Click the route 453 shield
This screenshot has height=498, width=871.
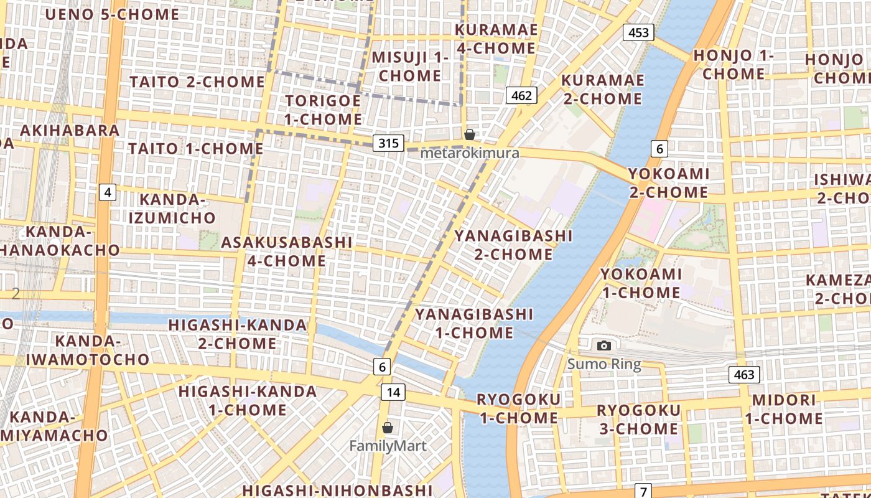pyautogui.click(x=638, y=32)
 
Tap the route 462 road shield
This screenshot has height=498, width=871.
pyautogui.click(x=521, y=95)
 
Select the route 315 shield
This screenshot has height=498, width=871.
pyautogui.click(x=388, y=143)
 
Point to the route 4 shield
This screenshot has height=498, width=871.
pyautogui.click(x=108, y=192)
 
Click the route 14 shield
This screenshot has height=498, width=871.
pyautogui.click(x=393, y=392)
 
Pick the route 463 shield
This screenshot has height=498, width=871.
pyautogui.click(x=743, y=374)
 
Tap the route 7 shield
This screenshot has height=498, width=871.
pyautogui.click(x=643, y=491)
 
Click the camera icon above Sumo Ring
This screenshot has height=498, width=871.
pyautogui.click(x=603, y=345)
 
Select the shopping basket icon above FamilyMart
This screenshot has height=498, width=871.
pyautogui.click(x=388, y=428)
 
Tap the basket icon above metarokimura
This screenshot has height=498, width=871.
pyautogui.click(x=470, y=134)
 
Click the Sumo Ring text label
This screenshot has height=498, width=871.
pyautogui.click(x=603, y=364)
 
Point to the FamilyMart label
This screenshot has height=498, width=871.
pyautogui.click(x=388, y=446)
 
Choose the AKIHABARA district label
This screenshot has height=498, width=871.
pyautogui.click(x=70, y=130)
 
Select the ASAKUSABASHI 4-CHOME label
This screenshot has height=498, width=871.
pyautogui.click(x=287, y=251)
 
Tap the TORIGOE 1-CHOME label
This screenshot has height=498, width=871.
pyautogui.click(x=323, y=110)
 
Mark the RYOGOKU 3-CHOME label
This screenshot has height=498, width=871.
pyautogui.click(x=638, y=420)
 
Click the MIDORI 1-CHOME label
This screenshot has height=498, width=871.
pyautogui.click(x=783, y=409)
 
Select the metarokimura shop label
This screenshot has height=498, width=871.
pyautogui.click(x=470, y=153)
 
